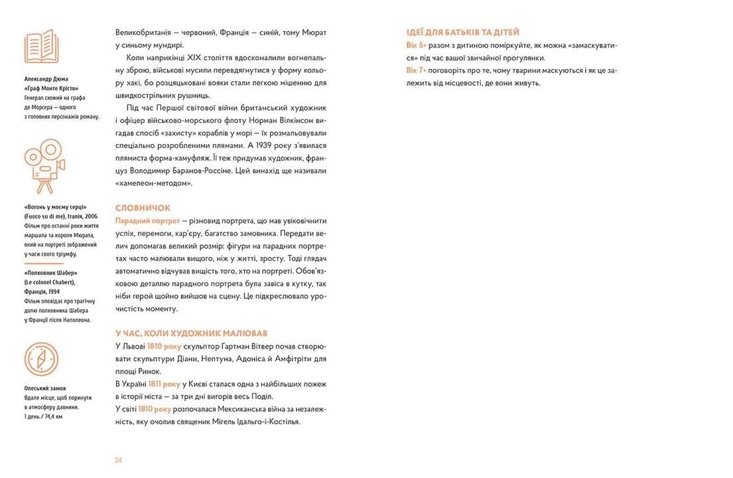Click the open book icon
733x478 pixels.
[42, 46]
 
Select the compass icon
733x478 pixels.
[42, 358]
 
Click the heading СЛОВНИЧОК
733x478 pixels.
[143, 208]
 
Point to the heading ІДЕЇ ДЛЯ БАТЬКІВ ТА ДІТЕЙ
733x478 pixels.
[462, 32]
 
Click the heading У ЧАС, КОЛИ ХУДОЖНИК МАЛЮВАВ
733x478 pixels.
[191, 333]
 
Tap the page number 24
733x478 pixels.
[119, 460]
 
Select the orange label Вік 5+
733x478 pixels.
[417, 45]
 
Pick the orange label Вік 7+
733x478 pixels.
[417, 70]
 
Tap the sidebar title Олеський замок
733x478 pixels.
[45, 388]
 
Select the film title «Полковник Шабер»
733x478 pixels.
[50, 274]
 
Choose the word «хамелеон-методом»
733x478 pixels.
[153, 183]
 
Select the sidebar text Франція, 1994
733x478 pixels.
[43, 292]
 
